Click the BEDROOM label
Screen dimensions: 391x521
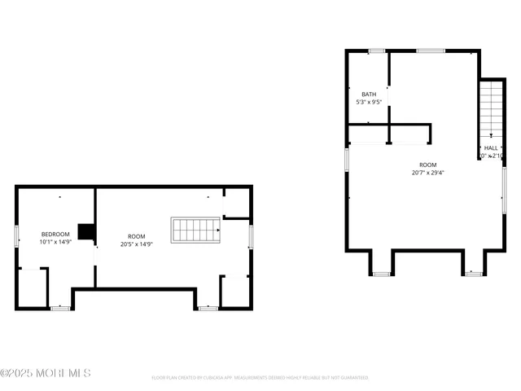click(55, 235)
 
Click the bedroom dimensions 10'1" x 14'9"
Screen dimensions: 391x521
click(55, 242)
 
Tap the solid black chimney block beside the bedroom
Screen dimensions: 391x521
click(85, 234)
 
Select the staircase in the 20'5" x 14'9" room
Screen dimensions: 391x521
click(195, 230)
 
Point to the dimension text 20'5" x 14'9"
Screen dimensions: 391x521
click(137, 243)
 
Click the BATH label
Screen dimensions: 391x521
click(369, 94)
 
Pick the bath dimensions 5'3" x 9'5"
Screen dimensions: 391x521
click(369, 103)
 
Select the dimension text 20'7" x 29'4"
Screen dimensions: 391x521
click(427, 172)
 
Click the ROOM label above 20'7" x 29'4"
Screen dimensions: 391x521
click(427, 164)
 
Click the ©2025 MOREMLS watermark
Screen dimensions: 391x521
click(46, 373)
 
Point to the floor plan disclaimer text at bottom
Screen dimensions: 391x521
click(260, 378)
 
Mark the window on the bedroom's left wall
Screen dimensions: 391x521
click(16, 235)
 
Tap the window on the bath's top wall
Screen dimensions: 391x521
click(375, 51)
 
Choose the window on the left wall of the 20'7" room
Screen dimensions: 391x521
click(347, 160)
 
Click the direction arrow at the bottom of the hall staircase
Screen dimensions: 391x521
click(491, 134)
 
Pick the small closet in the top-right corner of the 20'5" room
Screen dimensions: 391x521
click(236, 204)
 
